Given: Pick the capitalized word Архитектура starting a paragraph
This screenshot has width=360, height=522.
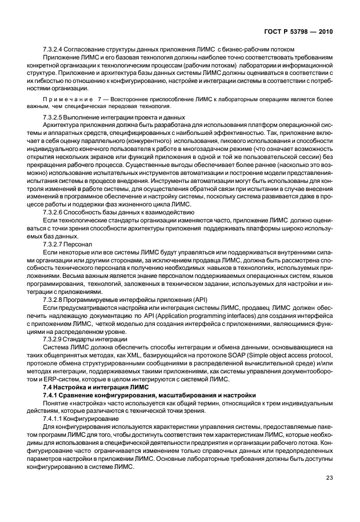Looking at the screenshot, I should (x=60, y=126).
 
